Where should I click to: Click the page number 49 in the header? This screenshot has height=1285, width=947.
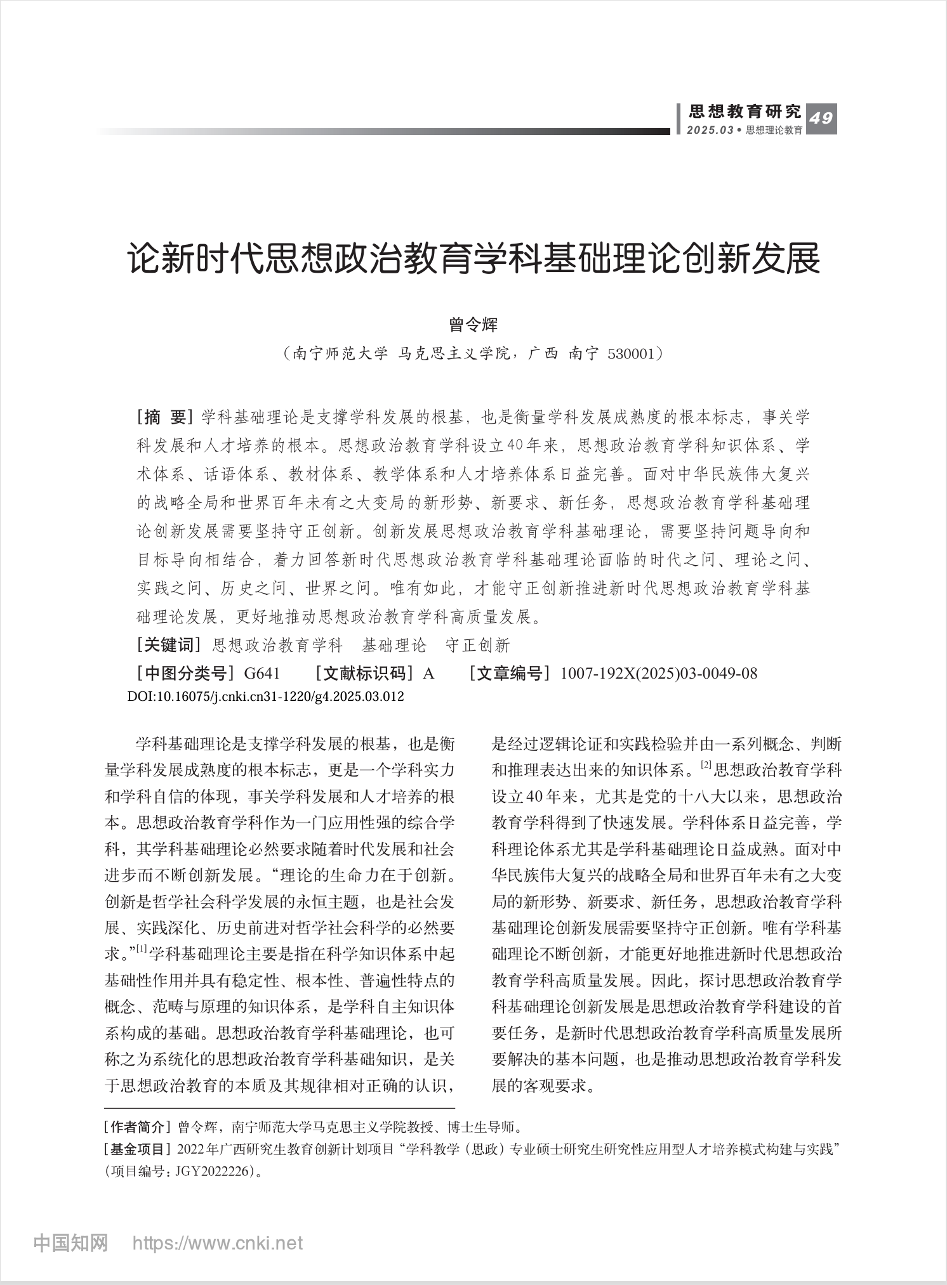coord(821,119)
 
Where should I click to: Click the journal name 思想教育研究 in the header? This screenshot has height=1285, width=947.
coord(745,112)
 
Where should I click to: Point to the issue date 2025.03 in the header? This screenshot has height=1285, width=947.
coord(710,130)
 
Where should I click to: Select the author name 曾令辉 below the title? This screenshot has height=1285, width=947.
coord(473,325)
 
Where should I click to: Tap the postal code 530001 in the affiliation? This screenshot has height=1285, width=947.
coord(630,353)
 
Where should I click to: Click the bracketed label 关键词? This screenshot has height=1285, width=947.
coord(168,645)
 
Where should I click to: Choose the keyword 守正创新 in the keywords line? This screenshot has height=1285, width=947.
coord(477,646)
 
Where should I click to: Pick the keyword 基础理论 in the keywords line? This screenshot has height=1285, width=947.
coord(394,646)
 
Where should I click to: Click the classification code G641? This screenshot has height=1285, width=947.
coord(262,673)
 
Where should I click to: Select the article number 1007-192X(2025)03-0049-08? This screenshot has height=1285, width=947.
coord(658,673)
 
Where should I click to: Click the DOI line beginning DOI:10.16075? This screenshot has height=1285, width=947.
coord(266,696)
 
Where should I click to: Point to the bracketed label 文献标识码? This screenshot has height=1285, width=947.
coord(366,673)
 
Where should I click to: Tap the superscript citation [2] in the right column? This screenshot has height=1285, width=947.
coord(706,765)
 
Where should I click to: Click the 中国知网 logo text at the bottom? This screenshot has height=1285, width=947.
coord(70,1243)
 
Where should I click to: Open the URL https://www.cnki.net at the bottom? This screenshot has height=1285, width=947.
coord(217,1243)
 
